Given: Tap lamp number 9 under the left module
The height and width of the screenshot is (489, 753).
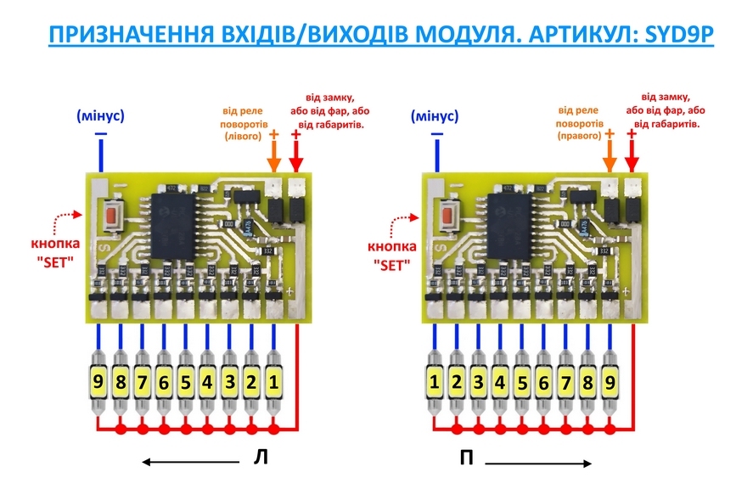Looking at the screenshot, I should click(99, 383).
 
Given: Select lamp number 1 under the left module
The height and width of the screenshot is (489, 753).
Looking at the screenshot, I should click(273, 383).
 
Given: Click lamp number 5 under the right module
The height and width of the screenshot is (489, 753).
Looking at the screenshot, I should click(522, 383).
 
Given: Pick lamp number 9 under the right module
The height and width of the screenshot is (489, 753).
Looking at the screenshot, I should click(609, 383).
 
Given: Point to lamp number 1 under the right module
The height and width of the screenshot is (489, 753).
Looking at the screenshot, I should click(435, 383).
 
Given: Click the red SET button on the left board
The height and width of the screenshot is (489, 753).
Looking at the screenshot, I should click(110, 216).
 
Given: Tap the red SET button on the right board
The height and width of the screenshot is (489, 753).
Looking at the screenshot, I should click(447, 216).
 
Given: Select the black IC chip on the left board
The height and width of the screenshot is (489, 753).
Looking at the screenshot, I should click(174, 226).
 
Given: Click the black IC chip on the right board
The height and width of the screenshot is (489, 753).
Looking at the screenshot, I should click(510, 226).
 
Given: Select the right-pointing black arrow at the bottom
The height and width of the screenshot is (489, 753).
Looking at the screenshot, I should click(538, 464).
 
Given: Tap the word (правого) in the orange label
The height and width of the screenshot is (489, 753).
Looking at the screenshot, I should click(579, 135).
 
